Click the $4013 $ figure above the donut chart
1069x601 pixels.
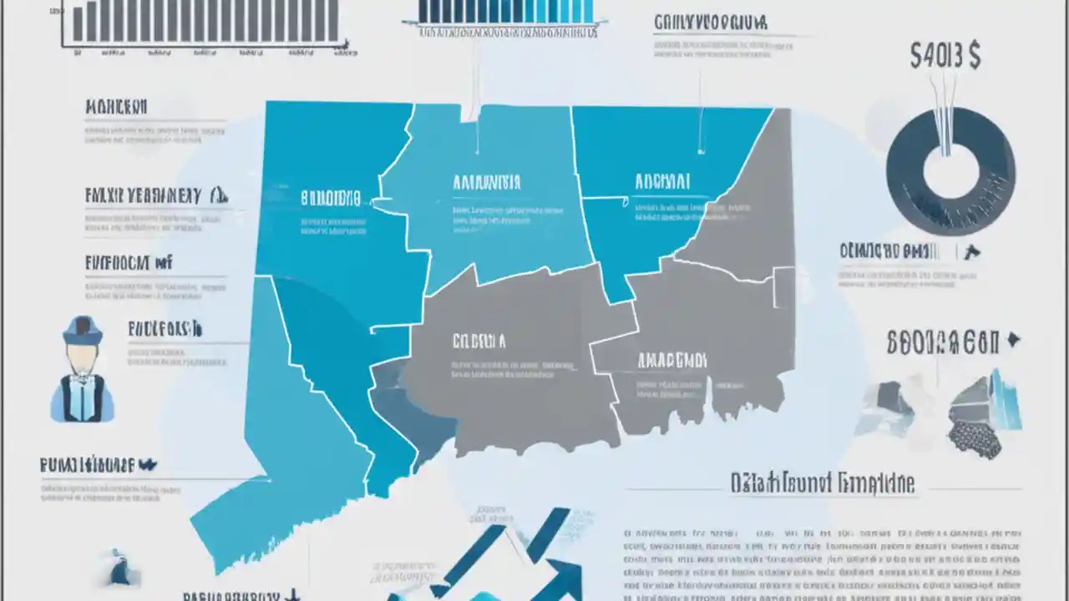click(x=945, y=56)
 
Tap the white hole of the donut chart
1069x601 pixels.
click(x=950, y=173)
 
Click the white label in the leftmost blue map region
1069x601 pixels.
click(x=331, y=199)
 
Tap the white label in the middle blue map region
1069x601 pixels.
click(x=486, y=183)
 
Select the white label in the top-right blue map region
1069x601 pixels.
click(x=662, y=181)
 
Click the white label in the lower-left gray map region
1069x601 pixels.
click(x=479, y=341)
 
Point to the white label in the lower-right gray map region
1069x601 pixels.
click(x=671, y=360)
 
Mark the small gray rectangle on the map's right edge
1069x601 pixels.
click(x=784, y=288)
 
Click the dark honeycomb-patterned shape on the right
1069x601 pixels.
click(x=975, y=439)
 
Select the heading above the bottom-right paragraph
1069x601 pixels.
click(x=822, y=482)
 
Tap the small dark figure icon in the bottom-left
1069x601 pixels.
click(x=119, y=568)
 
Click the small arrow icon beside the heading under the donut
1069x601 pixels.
click(x=972, y=251)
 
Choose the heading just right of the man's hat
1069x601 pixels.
click(x=165, y=329)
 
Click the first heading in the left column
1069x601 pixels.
click(x=116, y=107)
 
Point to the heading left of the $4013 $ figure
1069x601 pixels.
click(x=710, y=22)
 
